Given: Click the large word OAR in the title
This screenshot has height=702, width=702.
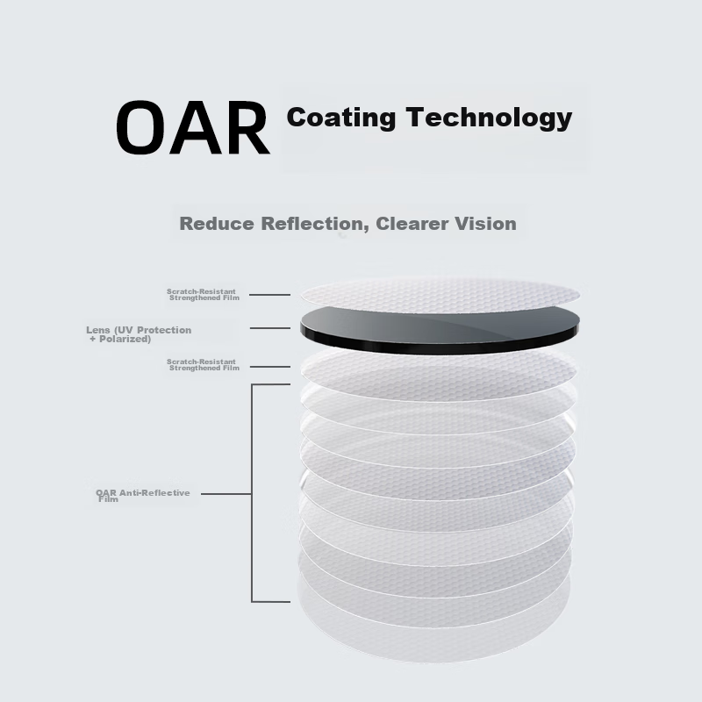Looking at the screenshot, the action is point(193,128).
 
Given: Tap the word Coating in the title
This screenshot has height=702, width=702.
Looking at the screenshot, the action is point(341,118).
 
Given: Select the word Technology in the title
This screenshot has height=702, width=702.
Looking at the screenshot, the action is point(490,118).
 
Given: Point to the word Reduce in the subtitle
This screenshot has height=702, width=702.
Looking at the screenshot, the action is point(217,224).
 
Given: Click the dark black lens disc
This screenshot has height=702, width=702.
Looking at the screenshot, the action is point(440,330).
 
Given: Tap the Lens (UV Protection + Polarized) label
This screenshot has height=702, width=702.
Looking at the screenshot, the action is point(139,334).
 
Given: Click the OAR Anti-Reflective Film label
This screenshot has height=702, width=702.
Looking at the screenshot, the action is point(143,496).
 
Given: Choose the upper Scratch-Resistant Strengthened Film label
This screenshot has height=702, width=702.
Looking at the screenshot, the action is point(203,295).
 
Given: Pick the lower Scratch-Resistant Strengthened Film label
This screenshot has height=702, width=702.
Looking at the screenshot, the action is point(203,365).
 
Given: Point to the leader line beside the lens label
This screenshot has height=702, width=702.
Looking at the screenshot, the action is point(270,328).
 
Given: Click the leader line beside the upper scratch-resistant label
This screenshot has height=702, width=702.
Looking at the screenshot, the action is point(269,295).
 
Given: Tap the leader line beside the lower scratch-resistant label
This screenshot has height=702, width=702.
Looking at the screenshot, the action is point(270,367).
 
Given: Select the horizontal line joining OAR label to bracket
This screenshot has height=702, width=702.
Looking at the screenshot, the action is point(226,494).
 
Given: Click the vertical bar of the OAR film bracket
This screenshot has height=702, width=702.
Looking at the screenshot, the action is point(252,493).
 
